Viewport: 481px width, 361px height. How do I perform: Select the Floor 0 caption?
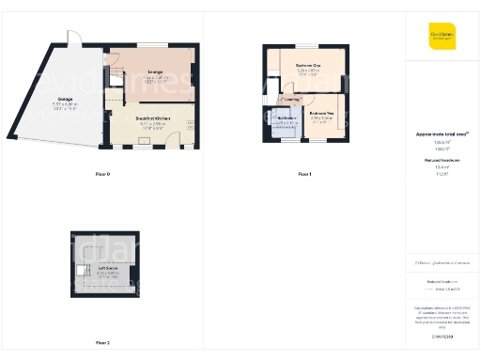point(102,174)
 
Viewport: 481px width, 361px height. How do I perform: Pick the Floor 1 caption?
point(304,174)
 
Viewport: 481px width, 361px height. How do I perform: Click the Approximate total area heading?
point(441,134)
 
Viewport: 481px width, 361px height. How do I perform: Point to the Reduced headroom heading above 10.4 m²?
point(441,161)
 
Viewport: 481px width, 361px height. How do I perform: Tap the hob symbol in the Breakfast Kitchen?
point(189,122)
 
